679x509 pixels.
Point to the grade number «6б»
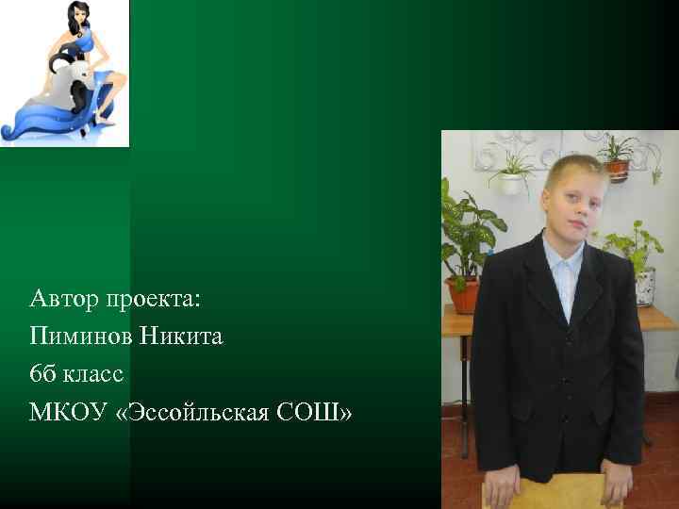point(42,374)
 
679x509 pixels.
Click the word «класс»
point(94,375)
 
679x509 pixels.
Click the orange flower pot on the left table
point(463,294)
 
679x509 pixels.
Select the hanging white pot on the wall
point(512,183)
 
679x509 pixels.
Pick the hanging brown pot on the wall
point(618,170)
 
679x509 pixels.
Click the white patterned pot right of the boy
point(645,286)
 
